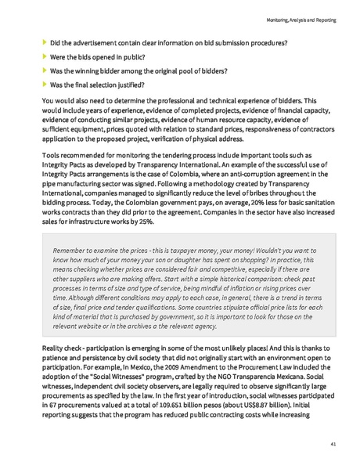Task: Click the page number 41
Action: (333, 444)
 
